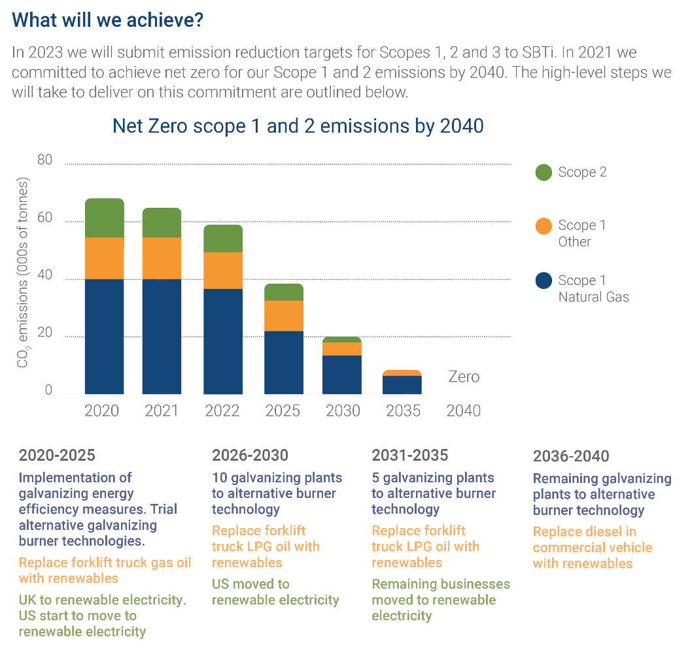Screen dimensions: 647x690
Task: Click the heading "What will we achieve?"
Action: click(x=108, y=20)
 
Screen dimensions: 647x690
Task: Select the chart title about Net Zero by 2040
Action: click(x=298, y=125)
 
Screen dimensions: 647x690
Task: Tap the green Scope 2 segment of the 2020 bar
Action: click(x=104, y=218)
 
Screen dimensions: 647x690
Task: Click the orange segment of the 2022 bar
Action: click(x=223, y=270)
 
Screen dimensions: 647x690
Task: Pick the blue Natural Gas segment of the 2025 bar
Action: click(x=283, y=362)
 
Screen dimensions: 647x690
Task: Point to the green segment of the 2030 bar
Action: click(x=342, y=339)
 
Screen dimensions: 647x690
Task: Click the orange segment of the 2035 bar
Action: click(x=402, y=373)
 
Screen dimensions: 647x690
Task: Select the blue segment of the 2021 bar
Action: click(x=162, y=336)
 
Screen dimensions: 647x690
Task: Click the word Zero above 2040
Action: click(x=464, y=377)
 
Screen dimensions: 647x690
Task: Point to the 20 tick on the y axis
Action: click(x=44, y=334)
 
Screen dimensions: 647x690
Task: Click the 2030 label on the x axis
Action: click(x=343, y=411)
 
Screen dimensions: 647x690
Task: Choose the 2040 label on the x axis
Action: click(x=463, y=411)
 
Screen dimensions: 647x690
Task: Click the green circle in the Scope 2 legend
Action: click(x=544, y=173)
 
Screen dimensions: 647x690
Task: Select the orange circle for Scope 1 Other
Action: click(x=544, y=226)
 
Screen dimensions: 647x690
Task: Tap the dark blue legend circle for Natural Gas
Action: click(x=544, y=281)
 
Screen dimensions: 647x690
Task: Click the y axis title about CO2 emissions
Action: click(x=24, y=272)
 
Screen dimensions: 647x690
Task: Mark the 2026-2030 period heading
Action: click(x=250, y=455)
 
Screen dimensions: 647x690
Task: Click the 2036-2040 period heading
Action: click(x=571, y=456)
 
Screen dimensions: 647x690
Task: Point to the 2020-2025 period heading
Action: click(x=57, y=455)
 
